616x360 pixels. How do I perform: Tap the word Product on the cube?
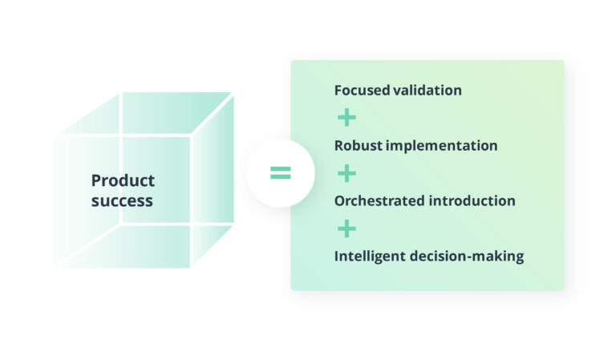(x=123, y=180)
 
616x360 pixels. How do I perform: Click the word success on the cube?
(x=122, y=200)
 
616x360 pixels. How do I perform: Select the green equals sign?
(x=280, y=172)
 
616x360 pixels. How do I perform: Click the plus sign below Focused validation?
(x=346, y=118)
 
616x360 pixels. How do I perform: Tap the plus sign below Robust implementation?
(x=346, y=173)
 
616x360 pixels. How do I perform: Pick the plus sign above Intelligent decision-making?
(x=346, y=229)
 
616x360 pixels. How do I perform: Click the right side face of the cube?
(x=213, y=180)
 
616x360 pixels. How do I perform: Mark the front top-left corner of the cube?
(x=55, y=136)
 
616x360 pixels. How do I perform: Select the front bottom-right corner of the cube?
(x=191, y=267)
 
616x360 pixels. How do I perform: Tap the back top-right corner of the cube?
(x=233, y=93)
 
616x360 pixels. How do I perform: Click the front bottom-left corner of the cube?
(x=55, y=267)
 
